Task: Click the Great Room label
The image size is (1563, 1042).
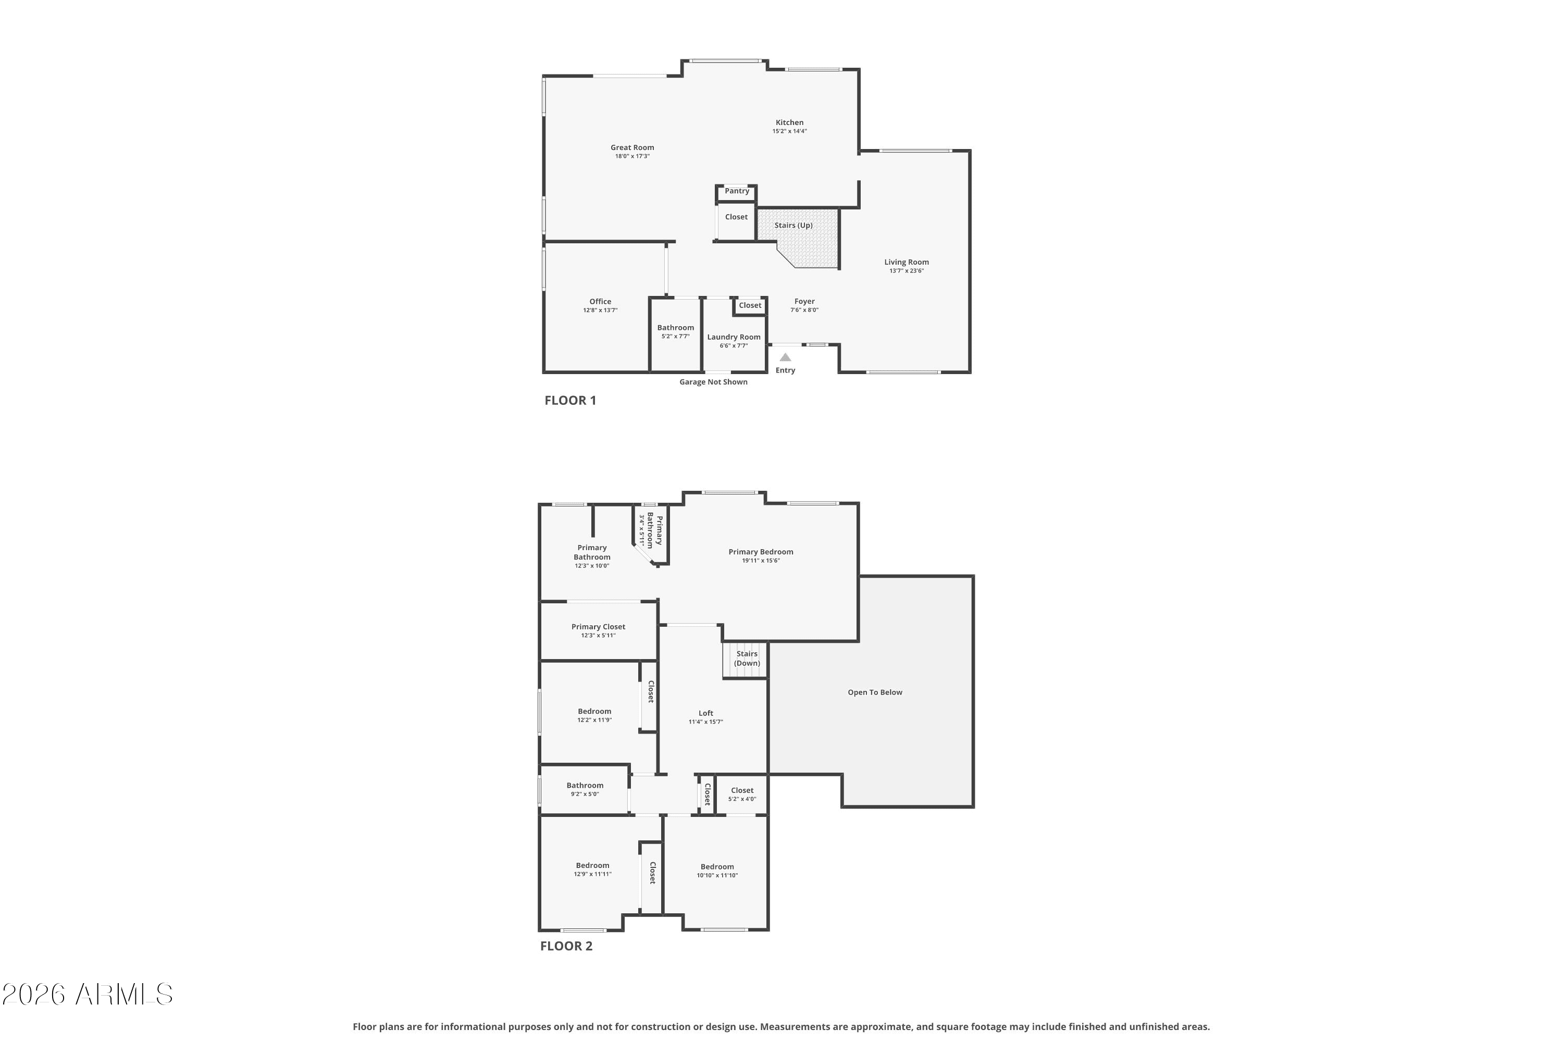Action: coord(632,147)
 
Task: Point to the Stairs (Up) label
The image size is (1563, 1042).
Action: coord(793,225)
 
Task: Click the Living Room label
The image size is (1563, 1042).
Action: coord(907,262)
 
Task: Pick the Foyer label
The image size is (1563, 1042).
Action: coord(804,301)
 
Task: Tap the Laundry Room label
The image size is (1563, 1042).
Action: coord(734,337)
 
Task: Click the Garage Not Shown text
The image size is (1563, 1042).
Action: coord(713,382)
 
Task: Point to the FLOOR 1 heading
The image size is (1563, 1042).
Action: coord(570,401)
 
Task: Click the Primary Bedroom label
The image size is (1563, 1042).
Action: coord(761,552)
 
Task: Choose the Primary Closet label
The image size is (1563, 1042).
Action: coord(598,627)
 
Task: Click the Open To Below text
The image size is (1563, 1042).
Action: coord(875,692)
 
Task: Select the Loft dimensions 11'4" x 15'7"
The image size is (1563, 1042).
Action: coord(706,722)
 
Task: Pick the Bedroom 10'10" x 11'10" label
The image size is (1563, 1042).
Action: coord(717,866)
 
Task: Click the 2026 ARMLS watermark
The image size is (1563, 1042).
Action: coord(87,995)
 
